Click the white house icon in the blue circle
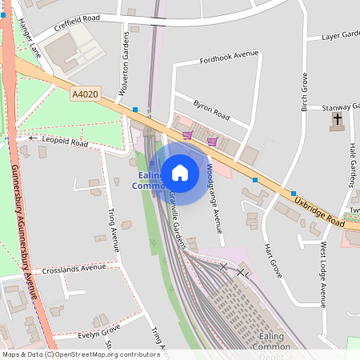180,172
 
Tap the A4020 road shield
84,94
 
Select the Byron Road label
211,111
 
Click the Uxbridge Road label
318,211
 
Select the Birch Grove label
304,92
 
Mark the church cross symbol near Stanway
338,121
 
